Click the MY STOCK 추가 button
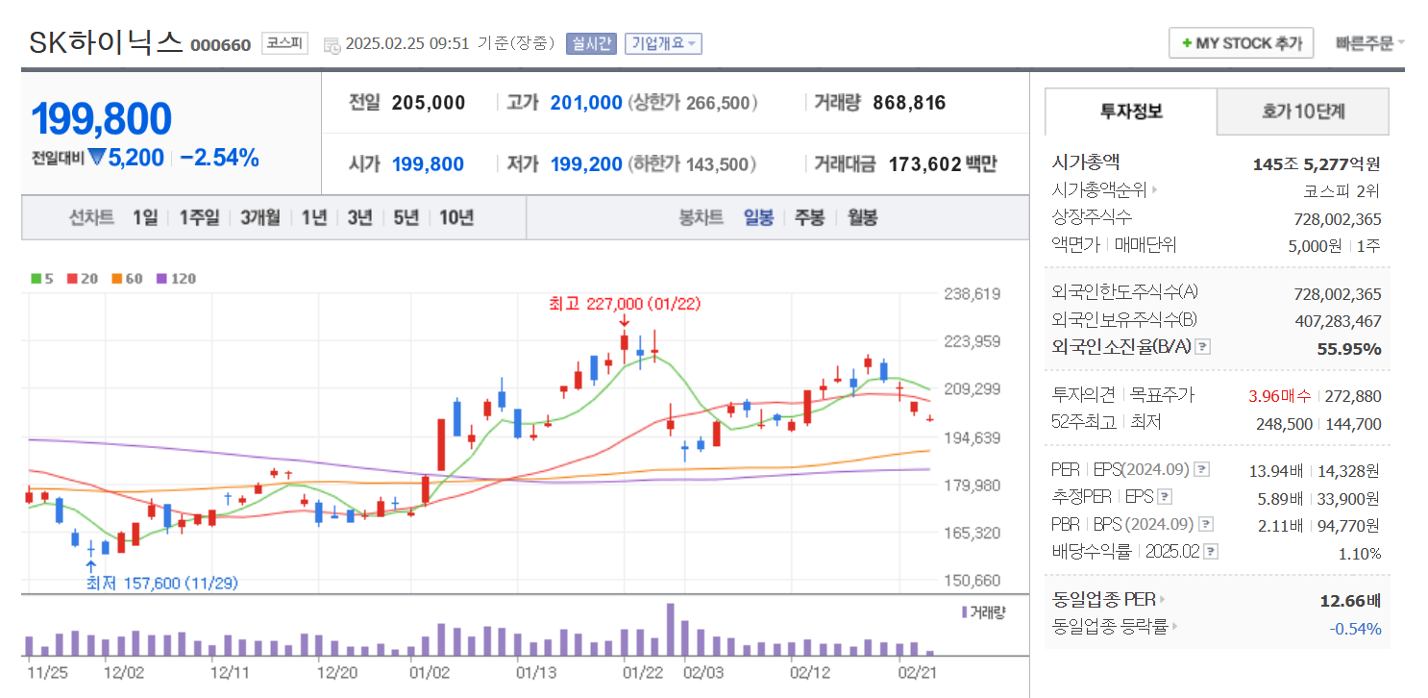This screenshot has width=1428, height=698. pyautogui.click(x=1241, y=43)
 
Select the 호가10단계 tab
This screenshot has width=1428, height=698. pyautogui.click(x=1302, y=112)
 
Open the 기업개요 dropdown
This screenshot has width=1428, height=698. pyautogui.click(x=663, y=43)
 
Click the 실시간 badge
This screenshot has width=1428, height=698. pyautogui.click(x=591, y=43)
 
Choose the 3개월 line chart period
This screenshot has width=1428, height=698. pyautogui.click(x=259, y=217)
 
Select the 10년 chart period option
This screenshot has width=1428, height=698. pyautogui.click(x=456, y=217)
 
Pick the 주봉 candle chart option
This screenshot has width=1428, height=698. pyautogui.click(x=809, y=217)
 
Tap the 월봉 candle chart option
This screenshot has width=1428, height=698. pyautogui.click(x=862, y=217)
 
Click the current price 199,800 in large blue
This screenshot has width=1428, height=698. pyautogui.click(x=102, y=119)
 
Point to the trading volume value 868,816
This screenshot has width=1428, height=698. pyautogui.click(x=909, y=103)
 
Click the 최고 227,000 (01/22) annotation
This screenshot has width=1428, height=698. pyautogui.click(x=625, y=304)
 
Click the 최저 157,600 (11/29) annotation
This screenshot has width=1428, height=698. pyautogui.click(x=162, y=583)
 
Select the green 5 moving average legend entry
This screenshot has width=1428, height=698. pyautogui.click(x=42, y=279)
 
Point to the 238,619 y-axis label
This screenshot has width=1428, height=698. pyautogui.click(x=973, y=294)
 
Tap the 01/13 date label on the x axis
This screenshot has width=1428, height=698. pyautogui.click(x=536, y=672)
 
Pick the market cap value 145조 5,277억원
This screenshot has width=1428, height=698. pyautogui.click(x=1317, y=164)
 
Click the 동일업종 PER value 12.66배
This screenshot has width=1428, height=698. pyautogui.click(x=1350, y=601)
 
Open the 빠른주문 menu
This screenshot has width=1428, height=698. pyautogui.click(x=1368, y=43)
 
